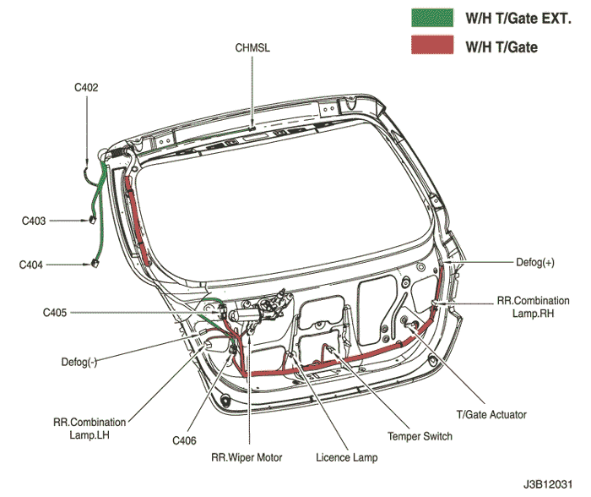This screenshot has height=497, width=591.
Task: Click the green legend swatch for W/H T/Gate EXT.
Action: click(432, 18)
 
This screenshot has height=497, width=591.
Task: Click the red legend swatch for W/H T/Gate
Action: click(432, 45)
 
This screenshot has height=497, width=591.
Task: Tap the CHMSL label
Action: click(252, 48)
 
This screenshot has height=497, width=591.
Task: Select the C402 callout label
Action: click(86, 88)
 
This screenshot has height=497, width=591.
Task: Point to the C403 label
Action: click(34, 221)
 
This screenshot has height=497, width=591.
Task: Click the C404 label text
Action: click(31, 265)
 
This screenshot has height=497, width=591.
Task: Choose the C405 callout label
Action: click(55, 313)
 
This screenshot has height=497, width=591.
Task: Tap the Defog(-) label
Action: click(79, 363)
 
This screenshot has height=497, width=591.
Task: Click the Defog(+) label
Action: click(535, 262)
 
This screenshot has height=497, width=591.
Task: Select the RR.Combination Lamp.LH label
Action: click(89, 429)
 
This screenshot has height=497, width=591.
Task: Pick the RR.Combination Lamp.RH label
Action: click(534, 307)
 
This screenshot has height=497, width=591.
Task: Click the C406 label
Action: click(184, 440)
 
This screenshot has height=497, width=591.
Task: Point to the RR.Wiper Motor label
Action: click(247, 457)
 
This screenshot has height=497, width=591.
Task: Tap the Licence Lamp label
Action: click(347, 457)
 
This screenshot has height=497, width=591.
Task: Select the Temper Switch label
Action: click(420, 436)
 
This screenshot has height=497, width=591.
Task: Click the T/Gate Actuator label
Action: click(491, 414)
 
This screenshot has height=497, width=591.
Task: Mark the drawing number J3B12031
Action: click(548, 484)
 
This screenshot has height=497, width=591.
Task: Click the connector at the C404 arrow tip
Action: click(95, 264)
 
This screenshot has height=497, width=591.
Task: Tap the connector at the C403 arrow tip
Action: click(93, 220)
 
